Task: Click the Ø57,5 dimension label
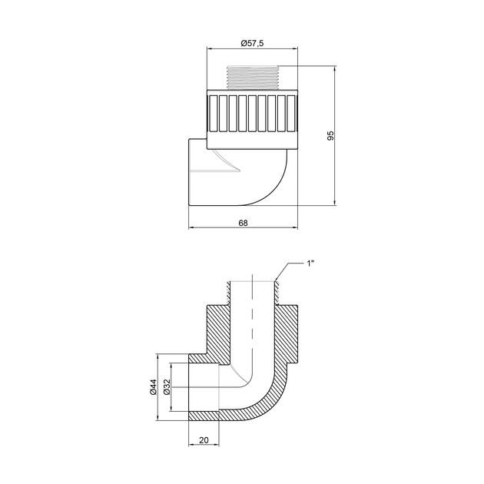pos(252,43)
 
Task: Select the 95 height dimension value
pos(330,135)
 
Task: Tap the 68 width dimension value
pos(243,223)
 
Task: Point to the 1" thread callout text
pos(310,264)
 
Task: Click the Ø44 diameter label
pos(154,387)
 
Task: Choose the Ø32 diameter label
pos(167,387)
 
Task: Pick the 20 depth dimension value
pos(204,440)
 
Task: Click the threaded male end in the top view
pos(252,78)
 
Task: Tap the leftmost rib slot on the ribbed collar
pos(214,113)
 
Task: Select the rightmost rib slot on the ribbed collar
pos(291,113)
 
